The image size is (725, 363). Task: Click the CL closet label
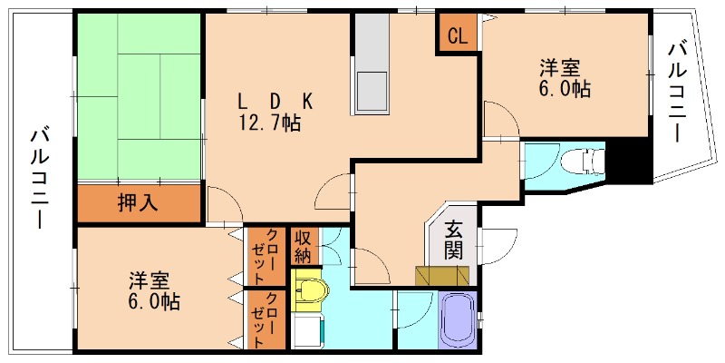click(458, 37)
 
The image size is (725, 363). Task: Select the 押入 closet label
click(138, 203)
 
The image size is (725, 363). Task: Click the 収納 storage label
click(303, 245)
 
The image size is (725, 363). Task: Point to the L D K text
click(275, 101)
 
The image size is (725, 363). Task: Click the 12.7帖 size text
click(269, 124)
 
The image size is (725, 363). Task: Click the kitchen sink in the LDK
click(370, 90)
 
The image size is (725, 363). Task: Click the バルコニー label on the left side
click(39, 176)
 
